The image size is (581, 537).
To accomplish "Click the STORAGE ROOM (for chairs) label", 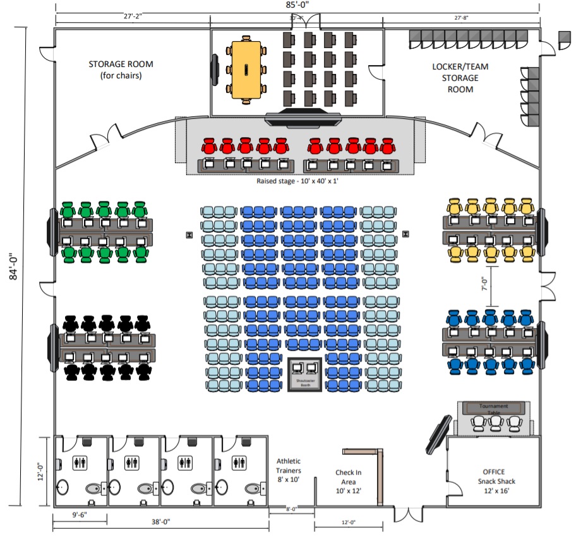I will coord(121,70).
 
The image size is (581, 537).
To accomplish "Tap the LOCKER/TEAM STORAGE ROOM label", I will coord(460,78).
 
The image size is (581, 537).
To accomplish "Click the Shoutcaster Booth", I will coord(305,375).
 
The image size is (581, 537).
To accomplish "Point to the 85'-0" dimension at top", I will coord(297,5).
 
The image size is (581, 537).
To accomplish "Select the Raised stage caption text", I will coord(297,181).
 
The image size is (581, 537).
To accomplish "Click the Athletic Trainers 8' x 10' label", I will coord(289,470).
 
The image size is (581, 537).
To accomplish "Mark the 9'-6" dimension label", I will coord(80,515).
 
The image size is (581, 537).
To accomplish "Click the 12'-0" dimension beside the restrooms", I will coord(40,471).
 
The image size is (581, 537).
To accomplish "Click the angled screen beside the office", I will coord(438,435).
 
